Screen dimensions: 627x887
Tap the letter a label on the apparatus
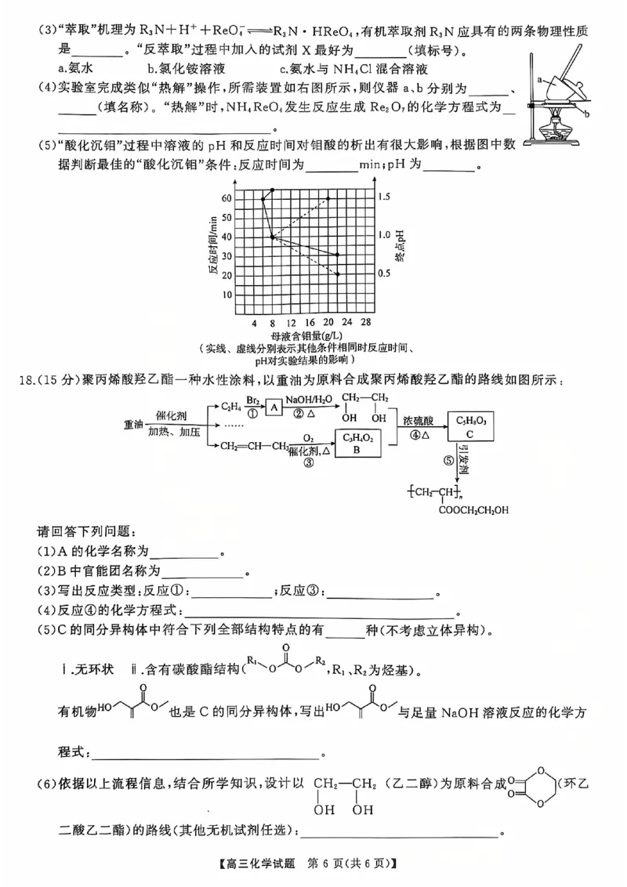pos(541,79)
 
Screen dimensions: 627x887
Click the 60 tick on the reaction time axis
pos(227,198)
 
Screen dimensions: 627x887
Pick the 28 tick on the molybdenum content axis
pos(365,323)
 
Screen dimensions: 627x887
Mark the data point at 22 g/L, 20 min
pos(338,274)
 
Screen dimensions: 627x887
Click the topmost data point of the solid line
pos(272,190)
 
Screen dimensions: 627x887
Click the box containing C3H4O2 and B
pos(357,443)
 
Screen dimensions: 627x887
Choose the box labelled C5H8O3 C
pos(471,427)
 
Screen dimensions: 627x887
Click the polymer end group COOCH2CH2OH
pos(473,510)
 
